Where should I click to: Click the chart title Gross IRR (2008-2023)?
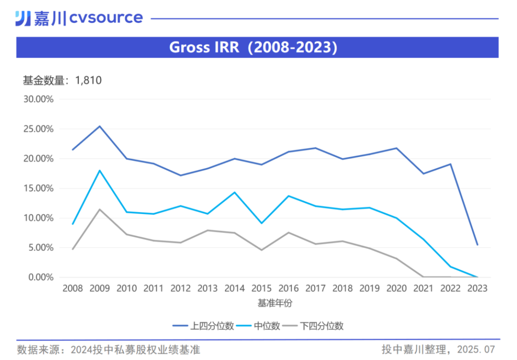point(253,47)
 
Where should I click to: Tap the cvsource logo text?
point(106,18)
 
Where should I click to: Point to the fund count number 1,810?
point(88,80)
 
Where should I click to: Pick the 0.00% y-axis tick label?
point(40,277)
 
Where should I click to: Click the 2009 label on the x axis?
point(100,289)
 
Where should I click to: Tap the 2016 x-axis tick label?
point(288,289)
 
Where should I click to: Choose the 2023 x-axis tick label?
point(477,289)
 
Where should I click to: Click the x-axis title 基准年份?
point(275,303)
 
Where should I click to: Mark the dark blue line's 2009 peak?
point(100,126)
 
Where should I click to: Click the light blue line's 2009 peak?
point(100,170)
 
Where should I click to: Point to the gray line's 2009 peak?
point(100,209)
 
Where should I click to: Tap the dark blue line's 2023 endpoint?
point(477,245)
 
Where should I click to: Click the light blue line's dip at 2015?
point(261,223)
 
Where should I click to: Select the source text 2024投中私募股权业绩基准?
point(135,349)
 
